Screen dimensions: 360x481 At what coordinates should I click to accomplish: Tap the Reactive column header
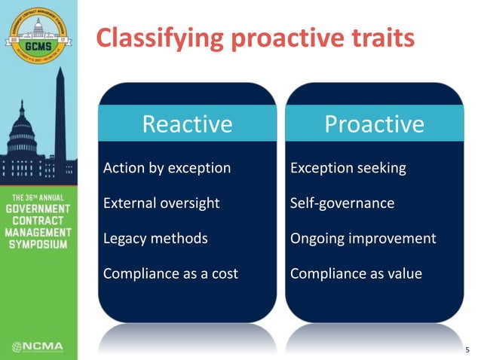(188, 124)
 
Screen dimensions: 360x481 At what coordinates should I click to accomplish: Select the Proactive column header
(374, 124)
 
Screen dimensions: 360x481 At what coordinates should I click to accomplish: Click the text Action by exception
(167, 168)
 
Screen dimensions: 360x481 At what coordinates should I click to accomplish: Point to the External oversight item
(161, 203)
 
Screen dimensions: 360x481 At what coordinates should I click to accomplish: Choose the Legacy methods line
(155, 239)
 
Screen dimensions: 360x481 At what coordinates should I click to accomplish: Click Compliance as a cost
(170, 274)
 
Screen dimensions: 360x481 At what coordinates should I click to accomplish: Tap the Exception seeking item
(348, 168)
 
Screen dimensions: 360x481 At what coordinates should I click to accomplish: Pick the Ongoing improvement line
(363, 239)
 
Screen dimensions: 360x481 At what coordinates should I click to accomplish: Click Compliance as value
(356, 274)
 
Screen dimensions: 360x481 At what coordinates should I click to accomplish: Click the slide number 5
(466, 349)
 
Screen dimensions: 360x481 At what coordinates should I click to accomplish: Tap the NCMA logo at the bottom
(38, 346)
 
